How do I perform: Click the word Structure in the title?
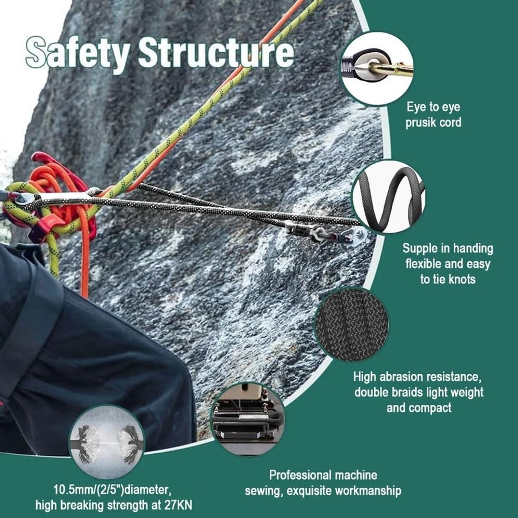(216, 53)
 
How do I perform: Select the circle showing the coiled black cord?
(389, 196)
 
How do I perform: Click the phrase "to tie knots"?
(448, 280)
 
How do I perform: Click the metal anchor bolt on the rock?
(357, 236)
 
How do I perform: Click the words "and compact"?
(419, 408)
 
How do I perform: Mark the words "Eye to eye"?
(433, 107)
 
